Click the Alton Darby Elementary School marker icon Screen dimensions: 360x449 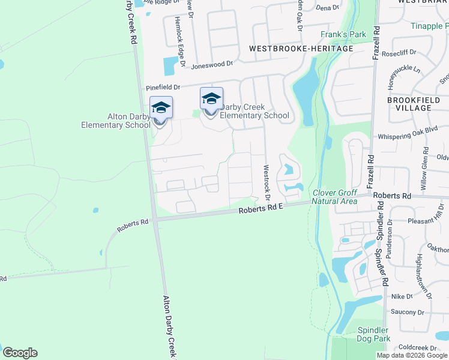click(161, 109)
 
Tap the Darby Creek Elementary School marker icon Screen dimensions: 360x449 click(211, 100)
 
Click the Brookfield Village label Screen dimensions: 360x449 click(418, 104)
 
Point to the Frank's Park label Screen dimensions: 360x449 click(343, 35)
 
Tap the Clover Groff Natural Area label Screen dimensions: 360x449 click(334, 197)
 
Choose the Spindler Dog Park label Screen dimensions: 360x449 click(373, 334)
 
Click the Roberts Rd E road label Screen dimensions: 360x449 click(261, 208)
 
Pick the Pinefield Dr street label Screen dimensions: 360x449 click(164, 88)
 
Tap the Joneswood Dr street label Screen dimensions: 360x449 click(211, 62)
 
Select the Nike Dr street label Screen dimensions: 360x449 click(402, 296)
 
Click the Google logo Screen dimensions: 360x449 click(20, 353)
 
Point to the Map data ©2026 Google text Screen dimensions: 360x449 click(412, 355)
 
